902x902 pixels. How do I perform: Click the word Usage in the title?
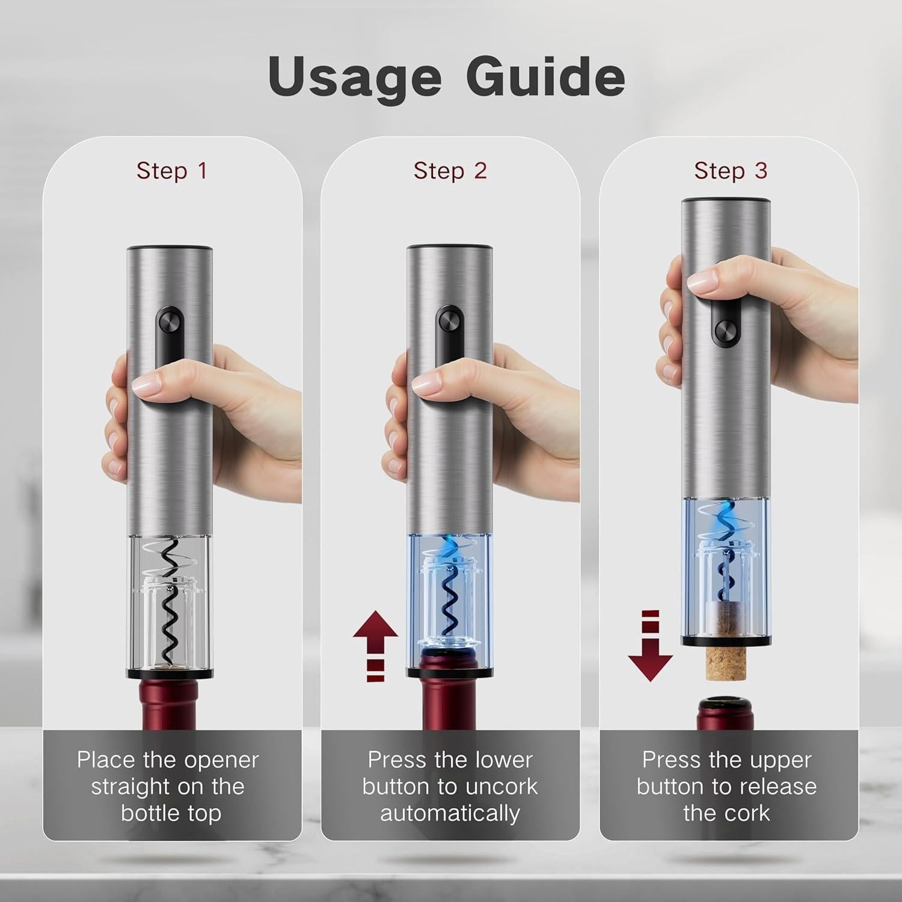tap(355, 77)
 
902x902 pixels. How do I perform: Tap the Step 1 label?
tap(171, 171)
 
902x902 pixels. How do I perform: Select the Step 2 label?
tap(450, 171)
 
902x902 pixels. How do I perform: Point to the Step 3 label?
tap(730, 171)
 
